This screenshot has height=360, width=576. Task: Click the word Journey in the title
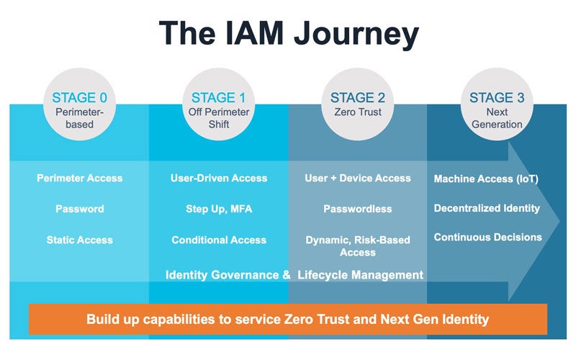click(x=356, y=34)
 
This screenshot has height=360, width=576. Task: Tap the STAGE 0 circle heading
click(x=80, y=98)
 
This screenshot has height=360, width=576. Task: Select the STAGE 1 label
click(x=219, y=98)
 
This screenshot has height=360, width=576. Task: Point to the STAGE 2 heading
click(x=358, y=98)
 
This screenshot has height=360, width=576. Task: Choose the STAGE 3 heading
click(x=497, y=98)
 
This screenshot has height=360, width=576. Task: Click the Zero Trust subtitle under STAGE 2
click(x=358, y=112)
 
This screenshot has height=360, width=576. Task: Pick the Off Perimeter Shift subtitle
click(x=219, y=118)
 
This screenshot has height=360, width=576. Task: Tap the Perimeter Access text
click(x=80, y=178)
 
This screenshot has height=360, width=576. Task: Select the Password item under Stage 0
click(x=80, y=209)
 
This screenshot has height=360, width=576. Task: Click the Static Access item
click(x=80, y=240)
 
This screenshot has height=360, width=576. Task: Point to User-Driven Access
click(x=219, y=178)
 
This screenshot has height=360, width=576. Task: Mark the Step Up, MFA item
click(x=219, y=209)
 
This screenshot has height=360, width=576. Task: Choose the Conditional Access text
click(x=219, y=240)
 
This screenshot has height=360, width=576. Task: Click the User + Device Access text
click(x=358, y=178)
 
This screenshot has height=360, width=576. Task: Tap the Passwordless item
click(x=358, y=209)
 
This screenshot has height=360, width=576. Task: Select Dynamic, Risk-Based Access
click(x=358, y=246)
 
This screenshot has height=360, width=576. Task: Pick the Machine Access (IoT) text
click(x=486, y=179)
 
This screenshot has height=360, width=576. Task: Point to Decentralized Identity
click(x=487, y=208)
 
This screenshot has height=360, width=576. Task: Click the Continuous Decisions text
click(x=488, y=238)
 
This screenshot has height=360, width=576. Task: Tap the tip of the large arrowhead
click(x=559, y=222)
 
